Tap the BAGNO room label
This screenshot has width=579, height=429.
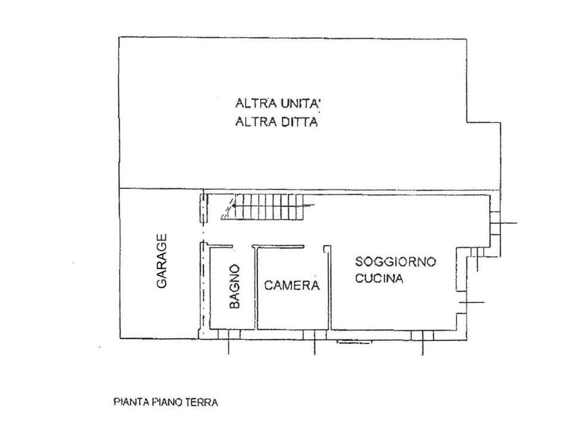[235, 287]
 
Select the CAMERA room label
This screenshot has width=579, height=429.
[292, 286]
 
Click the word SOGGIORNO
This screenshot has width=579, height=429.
[396, 261]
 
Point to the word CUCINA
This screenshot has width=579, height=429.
[379, 278]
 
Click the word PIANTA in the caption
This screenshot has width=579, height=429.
[130, 403]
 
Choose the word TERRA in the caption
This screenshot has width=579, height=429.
[202, 403]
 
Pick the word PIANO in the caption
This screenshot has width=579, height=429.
[167, 403]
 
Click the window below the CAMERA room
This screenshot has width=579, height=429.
[314, 335]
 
